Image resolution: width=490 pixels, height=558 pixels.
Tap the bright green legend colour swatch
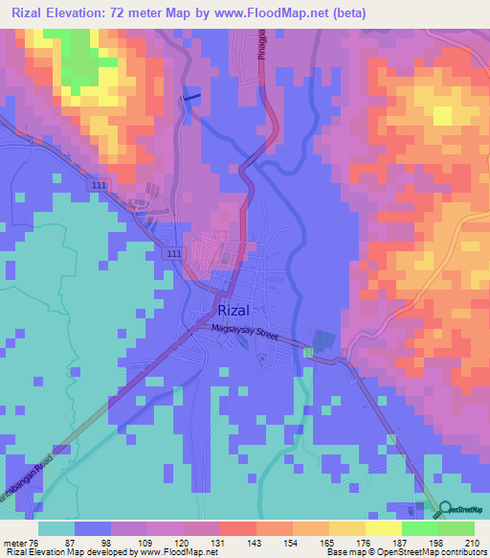click(419, 528)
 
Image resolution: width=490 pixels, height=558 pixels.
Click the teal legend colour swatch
click(56, 528)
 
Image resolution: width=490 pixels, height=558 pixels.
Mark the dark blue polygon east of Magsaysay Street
click(323, 340)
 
